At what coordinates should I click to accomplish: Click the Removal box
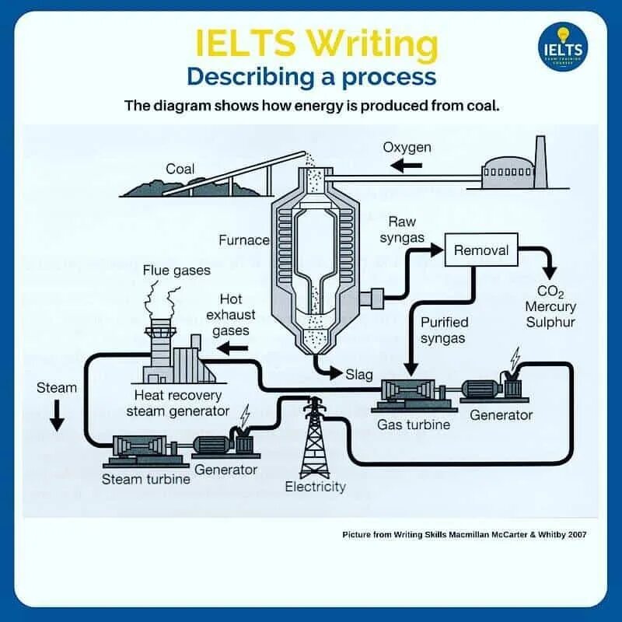pyautogui.click(x=481, y=250)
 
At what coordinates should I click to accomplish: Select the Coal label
pyautogui.click(x=180, y=169)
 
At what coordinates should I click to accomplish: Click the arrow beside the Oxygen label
pyautogui.click(x=406, y=166)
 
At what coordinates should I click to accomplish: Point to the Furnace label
pyautogui.click(x=243, y=240)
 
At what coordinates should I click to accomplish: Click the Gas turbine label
pyautogui.click(x=414, y=425)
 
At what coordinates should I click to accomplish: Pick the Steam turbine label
pyautogui.click(x=146, y=479)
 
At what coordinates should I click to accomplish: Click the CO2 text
pyautogui.click(x=550, y=292)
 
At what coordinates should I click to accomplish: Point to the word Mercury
pyautogui.click(x=550, y=306)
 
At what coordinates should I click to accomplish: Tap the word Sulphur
pyautogui.click(x=550, y=321)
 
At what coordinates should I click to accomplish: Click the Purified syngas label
pyautogui.click(x=443, y=330)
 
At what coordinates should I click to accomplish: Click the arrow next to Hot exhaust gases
pyautogui.click(x=232, y=349)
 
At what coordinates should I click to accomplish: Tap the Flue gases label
pyautogui.click(x=176, y=271)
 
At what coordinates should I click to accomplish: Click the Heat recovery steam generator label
pyautogui.click(x=178, y=404)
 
